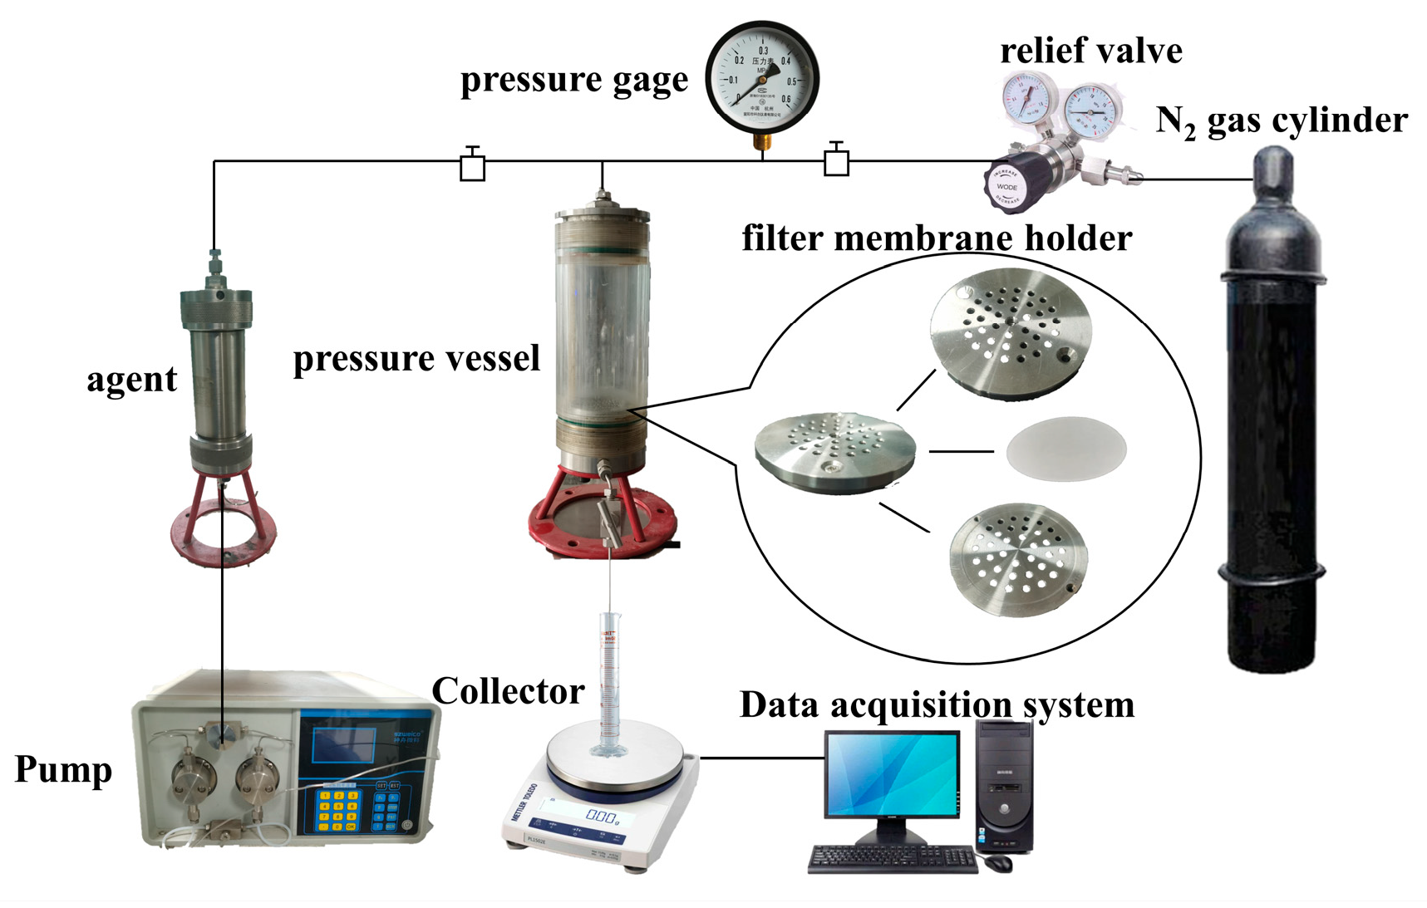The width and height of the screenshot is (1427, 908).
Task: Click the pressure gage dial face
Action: [x=762, y=80]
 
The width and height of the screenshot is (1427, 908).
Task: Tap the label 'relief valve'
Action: [x=1090, y=51]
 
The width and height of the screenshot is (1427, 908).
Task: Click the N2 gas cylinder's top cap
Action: [x=1272, y=170]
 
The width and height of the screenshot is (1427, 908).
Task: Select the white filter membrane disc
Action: [x=1065, y=449]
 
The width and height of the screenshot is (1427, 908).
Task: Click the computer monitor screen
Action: [x=891, y=775]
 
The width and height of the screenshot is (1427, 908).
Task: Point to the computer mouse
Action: [x=998, y=863]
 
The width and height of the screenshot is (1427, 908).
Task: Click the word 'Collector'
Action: [x=507, y=691]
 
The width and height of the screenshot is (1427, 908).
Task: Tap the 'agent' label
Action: [x=131, y=380]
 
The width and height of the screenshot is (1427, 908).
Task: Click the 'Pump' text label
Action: [x=63, y=769]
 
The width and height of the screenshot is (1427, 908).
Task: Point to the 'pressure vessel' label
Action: [x=416, y=359]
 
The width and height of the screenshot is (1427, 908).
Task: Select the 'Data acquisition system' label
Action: [x=937, y=704]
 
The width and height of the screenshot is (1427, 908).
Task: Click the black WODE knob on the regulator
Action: [x=1007, y=185]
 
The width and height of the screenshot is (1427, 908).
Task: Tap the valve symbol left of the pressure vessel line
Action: [x=472, y=166]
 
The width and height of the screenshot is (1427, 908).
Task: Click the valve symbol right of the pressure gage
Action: [x=836, y=161]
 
